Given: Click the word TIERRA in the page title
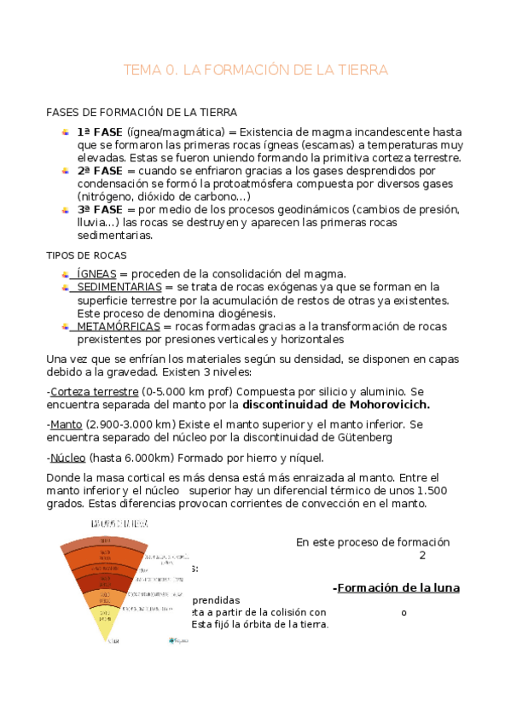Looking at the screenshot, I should (x=359, y=70).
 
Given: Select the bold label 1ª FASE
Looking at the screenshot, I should (x=100, y=132).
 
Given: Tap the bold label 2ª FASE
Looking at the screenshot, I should (x=100, y=171).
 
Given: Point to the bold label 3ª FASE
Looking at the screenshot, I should (x=100, y=209).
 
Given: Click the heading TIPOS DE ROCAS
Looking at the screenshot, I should (x=86, y=254).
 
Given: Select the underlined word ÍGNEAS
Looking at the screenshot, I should (x=96, y=273).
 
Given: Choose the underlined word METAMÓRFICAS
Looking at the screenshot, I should (x=119, y=326).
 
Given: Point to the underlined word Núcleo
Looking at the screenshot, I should (x=67, y=457).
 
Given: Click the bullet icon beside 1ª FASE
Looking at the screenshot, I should (x=66, y=132).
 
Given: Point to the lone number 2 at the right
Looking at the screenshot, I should (x=421, y=555).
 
